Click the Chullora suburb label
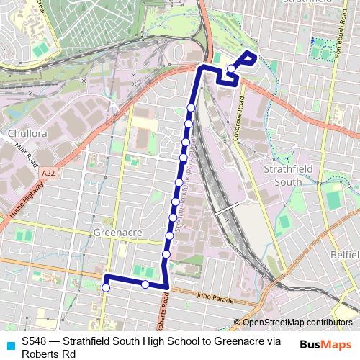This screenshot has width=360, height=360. click(x=27, y=133)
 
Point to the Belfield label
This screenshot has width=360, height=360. click(x=345, y=256)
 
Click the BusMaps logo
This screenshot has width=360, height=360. click(x=326, y=344)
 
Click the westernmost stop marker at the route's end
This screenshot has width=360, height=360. click(x=106, y=288)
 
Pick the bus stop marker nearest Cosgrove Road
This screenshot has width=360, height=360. click(x=230, y=69)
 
